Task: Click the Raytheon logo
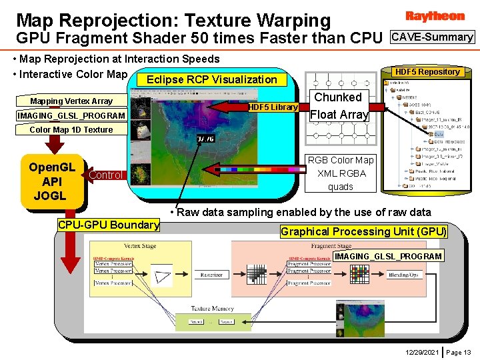pyautogui.click(x=434, y=15)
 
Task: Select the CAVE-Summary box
pyautogui.click(x=433, y=37)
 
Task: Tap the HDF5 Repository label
pyautogui.click(x=427, y=71)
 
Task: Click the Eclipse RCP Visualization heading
pyautogui.click(x=211, y=79)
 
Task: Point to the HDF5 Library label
pyautogui.click(x=273, y=107)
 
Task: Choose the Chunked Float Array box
pyautogui.click(x=338, y=106)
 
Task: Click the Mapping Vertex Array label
pyautogui.click(x=71, y=101)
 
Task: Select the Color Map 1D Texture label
pyautogui.click(x=71, y=129)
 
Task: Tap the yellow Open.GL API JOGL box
pyautogui.click(x=53, y=181)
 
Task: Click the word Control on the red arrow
pyautogui.click(x=105, y=175)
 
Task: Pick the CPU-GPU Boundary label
pyautogui.click(x=109, y=225)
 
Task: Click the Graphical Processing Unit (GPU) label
pyautogui.click(x=363, y=232)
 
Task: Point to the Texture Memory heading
pyautogui.click(x=212, y=309)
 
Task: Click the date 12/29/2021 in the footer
pyautogui.click(x=421, y=351)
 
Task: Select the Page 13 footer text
pyautogui.click(x=459, y=351)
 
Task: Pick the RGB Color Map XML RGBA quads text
pyautogui.click(x=341, y=173)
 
